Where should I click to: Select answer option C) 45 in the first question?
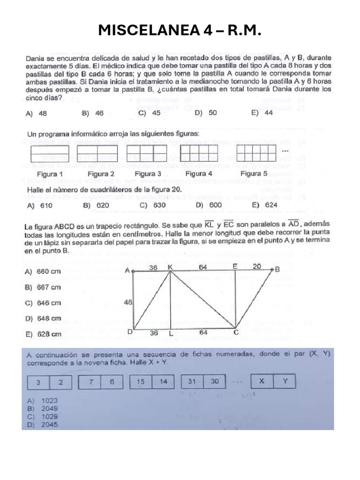point(150,113)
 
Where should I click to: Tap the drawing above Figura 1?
point(49,153)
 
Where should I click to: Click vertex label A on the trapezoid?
point(127,270)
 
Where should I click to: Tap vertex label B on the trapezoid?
point(277,270)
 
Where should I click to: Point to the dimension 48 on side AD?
point(127,303)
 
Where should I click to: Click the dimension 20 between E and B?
point(257,266)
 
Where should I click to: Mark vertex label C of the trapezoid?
point(236,333)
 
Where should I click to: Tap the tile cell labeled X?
point(262,382)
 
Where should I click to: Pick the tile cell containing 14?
point(163,382)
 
